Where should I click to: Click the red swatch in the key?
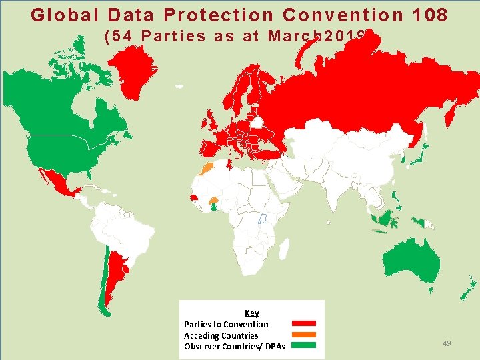click(x=303, y=324)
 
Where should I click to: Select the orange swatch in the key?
click(x=303, y=335)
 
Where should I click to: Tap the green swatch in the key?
click(x=303, y=345)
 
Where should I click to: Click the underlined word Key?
click(x=252, y=313)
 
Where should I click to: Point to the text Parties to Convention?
click(x=226, y=324)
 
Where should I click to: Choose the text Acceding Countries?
click(x=221, y=335)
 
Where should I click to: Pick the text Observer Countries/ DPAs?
click(x=234, y=347)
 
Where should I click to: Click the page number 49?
click(x=447, y=343)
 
